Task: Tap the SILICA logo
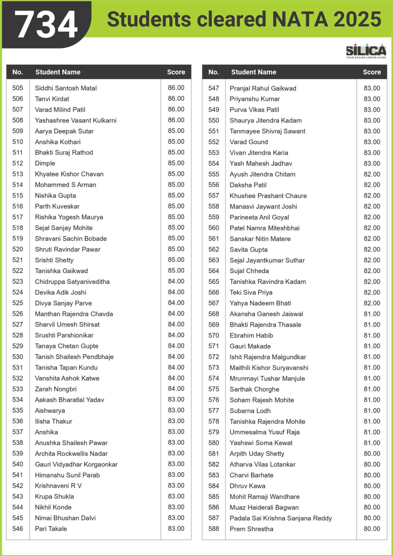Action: [366, 51]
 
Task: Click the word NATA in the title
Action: [300, 19]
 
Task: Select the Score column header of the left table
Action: [176, 72]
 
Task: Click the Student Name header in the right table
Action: [254, 72]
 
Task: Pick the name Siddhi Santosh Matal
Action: [66, 88]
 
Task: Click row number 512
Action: [18, 163]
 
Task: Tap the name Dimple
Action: [45, 163]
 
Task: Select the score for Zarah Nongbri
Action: [176, 389]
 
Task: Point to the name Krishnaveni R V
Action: [58, 486]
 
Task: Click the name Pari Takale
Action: [51, 529]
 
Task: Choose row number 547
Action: [214, 88]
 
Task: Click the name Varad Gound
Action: [249, 142]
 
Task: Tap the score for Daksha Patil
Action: [372, 185]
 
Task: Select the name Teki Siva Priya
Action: [251, 292]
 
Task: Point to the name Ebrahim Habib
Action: [251, 335]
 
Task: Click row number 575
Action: [214, 389]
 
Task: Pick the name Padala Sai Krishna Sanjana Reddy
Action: [280, 518]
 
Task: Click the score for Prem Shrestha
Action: [372, 529]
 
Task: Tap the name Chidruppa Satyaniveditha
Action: [72, 281]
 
